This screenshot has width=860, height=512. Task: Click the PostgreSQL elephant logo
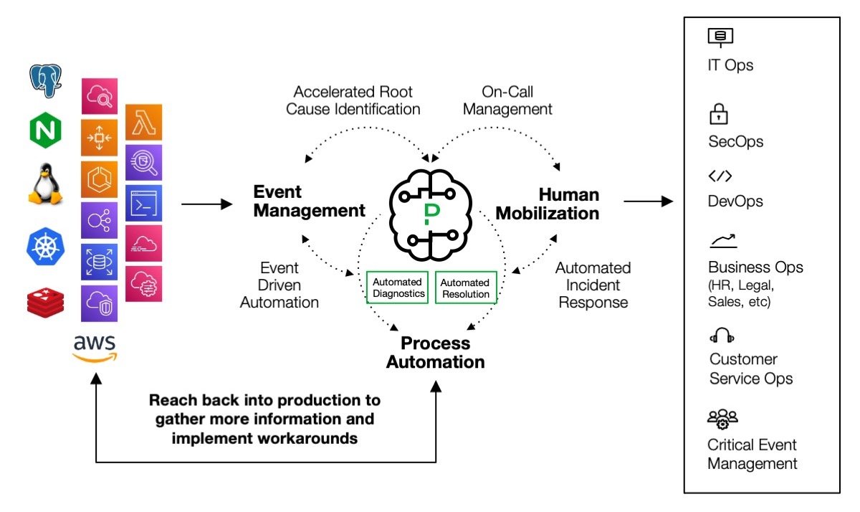coord(45,80)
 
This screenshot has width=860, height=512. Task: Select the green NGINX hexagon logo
coord(45,131)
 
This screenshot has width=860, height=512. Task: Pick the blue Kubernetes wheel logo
coord(45,245)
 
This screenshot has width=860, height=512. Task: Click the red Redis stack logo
coord(45,300)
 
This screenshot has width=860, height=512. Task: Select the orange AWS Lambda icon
coord(143,122)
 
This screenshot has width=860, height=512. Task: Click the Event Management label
coord(309,202)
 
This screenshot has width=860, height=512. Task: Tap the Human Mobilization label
coord(548,204)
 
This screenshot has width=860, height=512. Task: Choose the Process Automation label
coord(435,352)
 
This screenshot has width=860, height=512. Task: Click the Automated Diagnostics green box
coord(398,288)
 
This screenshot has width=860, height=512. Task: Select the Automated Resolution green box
coord(465,288)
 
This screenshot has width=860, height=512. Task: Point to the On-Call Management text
coord(507,100)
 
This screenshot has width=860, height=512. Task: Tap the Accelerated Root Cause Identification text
coord(353,100)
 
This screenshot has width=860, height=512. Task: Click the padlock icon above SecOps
coord(718,114)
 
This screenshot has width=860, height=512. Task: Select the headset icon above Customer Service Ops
coord(721,336)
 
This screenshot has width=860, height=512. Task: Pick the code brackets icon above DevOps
coord(720,176)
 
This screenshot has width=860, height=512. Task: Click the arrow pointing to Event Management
coord(207,204)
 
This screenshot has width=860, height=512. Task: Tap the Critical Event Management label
coord(752,454)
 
